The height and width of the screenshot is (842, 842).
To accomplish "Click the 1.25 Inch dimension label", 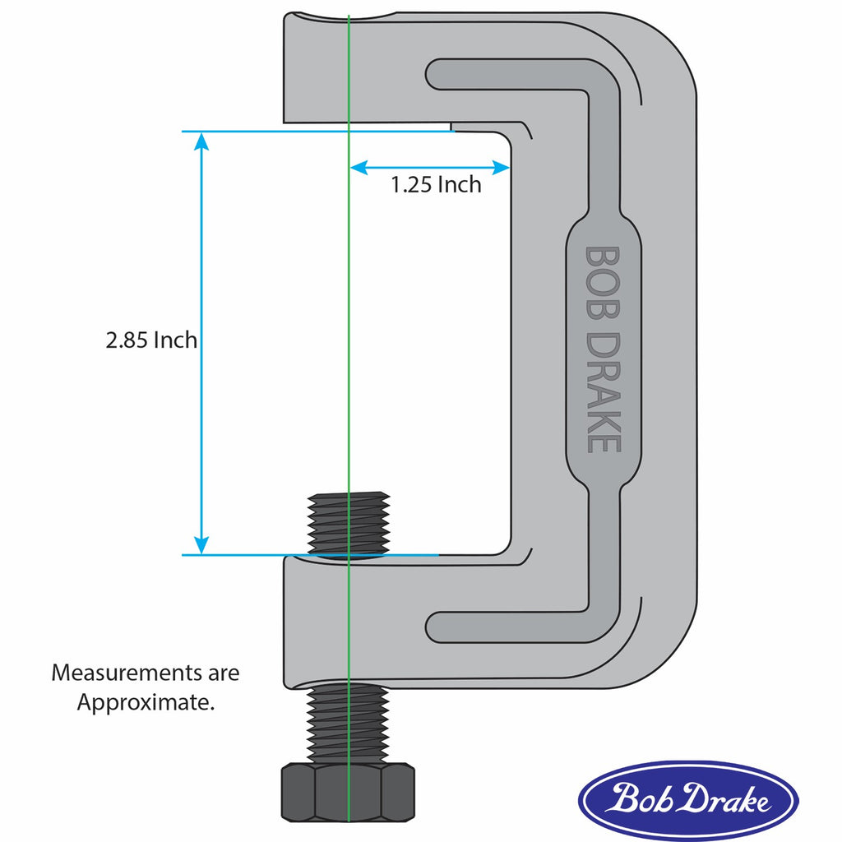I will coord(436,185).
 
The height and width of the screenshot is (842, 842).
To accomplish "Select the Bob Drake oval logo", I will coord(687,800).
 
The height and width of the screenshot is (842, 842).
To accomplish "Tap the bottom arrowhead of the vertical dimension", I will coord(201,545).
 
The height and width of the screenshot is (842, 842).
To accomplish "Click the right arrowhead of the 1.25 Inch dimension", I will coord(502,168).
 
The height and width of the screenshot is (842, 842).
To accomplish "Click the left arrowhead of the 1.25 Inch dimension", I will coord(359,168).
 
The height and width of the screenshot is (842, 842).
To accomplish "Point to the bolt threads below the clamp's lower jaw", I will coord(348,724).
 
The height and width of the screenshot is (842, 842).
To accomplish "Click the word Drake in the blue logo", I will coord(724,800).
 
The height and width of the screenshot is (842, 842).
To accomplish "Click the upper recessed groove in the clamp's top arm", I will coord(510,75).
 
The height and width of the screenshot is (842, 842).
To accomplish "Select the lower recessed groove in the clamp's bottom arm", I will coord(510,627).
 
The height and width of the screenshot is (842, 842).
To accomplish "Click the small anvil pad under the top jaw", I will coord(481,127).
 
